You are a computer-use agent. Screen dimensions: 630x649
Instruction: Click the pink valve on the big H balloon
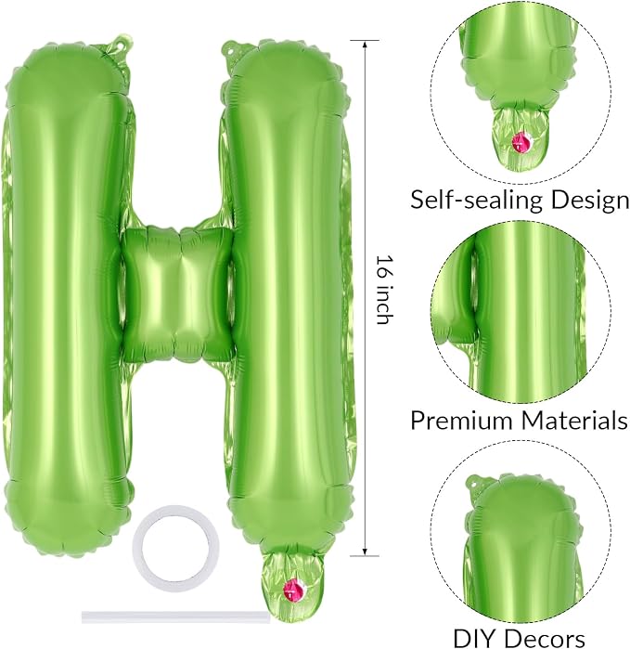(x=292, y=590)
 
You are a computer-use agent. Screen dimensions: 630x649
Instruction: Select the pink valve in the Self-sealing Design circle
(x=521, y=143)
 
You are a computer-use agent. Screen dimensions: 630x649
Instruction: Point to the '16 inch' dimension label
(x=383, y=289)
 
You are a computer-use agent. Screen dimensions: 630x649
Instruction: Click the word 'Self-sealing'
(x=476, y=200)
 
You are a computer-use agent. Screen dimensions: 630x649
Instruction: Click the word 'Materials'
(x=574, y=420)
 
